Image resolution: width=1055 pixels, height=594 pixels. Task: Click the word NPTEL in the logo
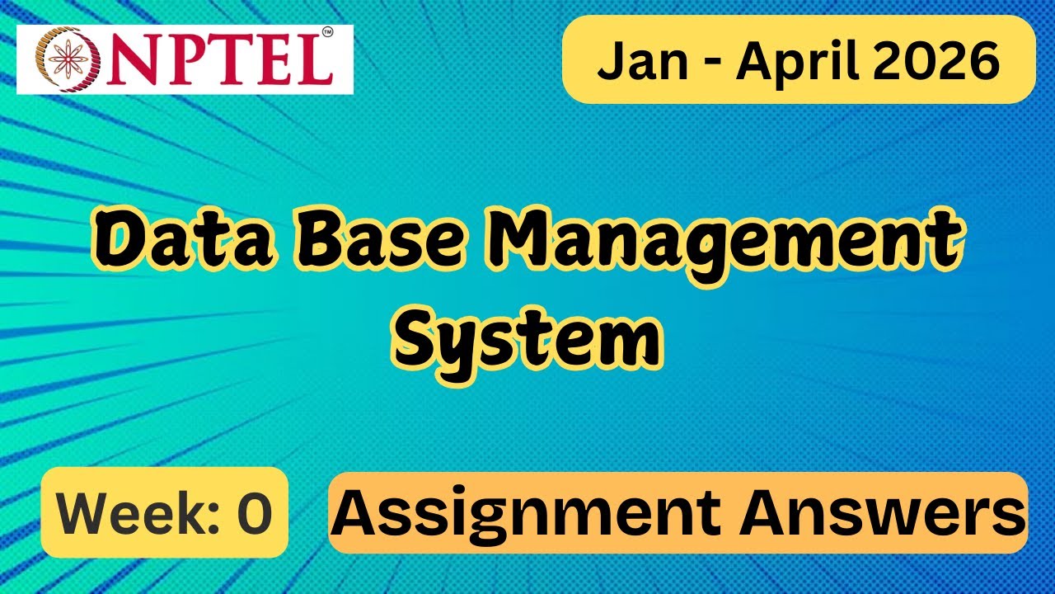point(219,59)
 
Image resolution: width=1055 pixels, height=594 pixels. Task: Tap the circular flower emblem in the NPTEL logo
point(68,60)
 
